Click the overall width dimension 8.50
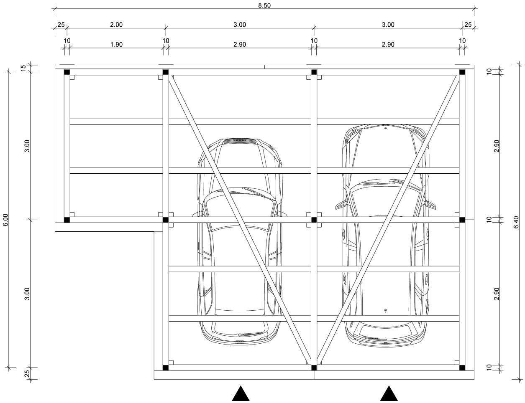click(x=264, y=5)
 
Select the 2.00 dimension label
click(x=116, y=25)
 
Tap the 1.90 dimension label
click(x=116, y=44)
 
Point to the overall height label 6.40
click(x=516, y=222)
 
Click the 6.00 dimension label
click(x=5, y=220)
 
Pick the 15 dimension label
click(x=23, y=68)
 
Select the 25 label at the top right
click(x=468, y=25)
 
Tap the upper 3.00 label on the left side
click(x=27, y=146)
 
